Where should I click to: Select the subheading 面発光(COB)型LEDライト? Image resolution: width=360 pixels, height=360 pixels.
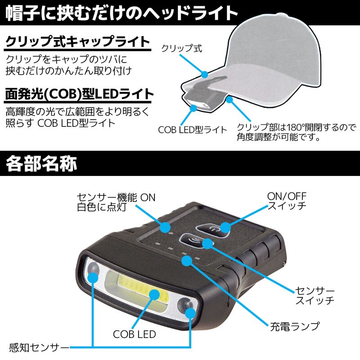point(79,95)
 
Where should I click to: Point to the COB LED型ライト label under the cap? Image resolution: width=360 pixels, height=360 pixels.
point(193,130)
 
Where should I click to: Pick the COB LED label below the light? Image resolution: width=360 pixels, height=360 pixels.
point(135,334)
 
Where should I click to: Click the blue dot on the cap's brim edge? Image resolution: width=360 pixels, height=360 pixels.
point(204,73)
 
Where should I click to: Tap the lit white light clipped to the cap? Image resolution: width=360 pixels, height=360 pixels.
point(197,107)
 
